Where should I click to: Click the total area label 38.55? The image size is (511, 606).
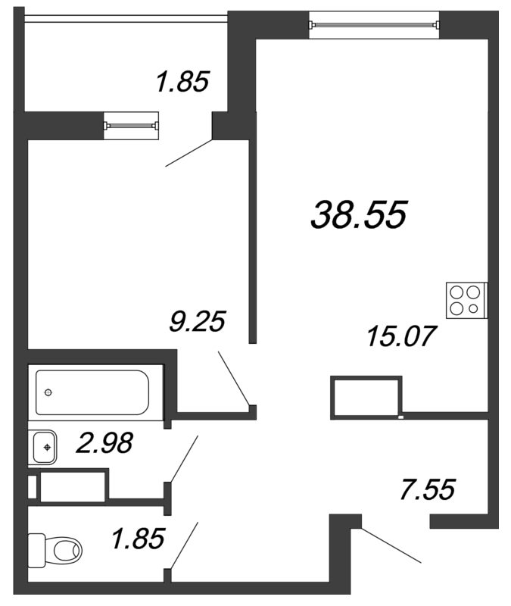359,215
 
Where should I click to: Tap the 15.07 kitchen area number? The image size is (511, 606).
402,336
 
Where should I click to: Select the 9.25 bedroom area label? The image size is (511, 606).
198,321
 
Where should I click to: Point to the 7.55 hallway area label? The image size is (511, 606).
428,489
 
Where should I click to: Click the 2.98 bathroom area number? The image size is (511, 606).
104,442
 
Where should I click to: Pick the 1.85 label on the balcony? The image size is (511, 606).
182,81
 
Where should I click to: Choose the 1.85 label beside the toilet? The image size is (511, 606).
139,539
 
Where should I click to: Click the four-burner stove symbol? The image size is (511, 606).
466,301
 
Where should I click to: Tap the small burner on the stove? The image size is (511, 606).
473,308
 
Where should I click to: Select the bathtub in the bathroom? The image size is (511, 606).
92,392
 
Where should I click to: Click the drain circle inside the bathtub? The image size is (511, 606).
48,392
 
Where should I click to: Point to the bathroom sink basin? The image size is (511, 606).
43,448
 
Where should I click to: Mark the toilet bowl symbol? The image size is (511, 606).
67,550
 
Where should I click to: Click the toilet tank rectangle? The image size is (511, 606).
36,550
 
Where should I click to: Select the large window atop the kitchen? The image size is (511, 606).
374,25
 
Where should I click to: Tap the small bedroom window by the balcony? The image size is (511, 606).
131,125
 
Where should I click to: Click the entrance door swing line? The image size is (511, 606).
391,545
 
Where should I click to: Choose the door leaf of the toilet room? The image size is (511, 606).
184,545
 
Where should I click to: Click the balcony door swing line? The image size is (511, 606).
189,153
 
